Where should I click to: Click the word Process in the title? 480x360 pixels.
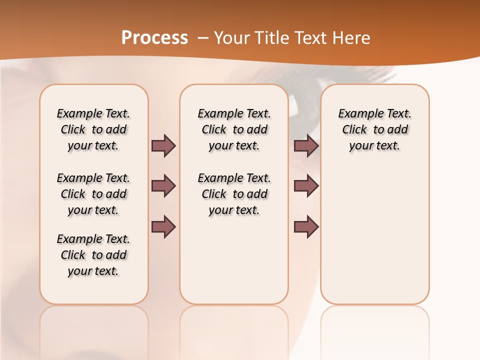154,38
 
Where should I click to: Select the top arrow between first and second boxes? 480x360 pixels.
163,145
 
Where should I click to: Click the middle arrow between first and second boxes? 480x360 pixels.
163,186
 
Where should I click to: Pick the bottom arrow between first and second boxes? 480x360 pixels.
163,227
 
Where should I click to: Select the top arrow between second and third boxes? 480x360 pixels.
306,145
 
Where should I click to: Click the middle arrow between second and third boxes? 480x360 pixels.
306,186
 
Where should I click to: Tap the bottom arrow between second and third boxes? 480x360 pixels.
306,227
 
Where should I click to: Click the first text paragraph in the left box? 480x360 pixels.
93,129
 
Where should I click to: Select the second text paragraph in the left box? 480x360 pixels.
93,194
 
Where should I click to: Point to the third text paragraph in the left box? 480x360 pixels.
93,255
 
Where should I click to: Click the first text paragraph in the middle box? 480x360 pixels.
234,129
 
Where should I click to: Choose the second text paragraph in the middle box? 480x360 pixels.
234,194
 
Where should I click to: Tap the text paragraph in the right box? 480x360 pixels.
374,129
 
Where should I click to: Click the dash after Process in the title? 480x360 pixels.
203,38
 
